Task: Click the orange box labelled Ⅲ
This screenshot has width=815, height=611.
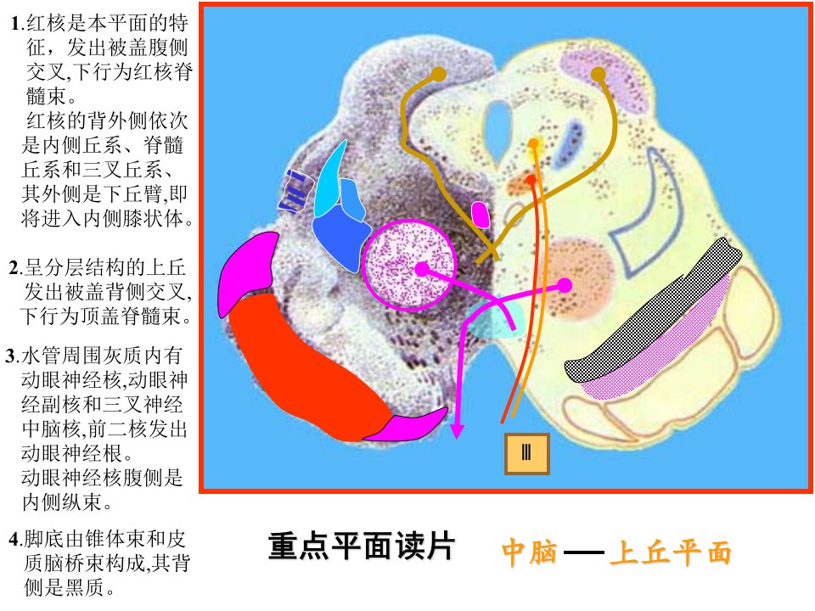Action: [x=526, y=453]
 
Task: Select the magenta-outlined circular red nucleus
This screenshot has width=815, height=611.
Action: [x=409, y=265]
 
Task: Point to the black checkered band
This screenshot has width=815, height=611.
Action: [x=652, y=311]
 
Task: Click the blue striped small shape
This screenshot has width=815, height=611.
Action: [x=295, y=192]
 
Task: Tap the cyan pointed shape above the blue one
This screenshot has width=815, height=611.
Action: [x=329, y=178]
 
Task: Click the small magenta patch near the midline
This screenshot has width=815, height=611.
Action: [x=480, y=214]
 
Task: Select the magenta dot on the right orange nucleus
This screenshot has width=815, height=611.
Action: [x=565, y=285]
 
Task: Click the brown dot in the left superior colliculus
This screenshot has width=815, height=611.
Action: [x=439, y=74]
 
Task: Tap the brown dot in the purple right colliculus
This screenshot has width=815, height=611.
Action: [x=599, y=75]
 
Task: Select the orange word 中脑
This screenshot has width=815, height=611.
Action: [x=529, y=552]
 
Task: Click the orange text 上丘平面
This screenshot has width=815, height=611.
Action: [x=671, y=552]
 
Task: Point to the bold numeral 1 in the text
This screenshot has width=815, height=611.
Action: [x=16, y=24]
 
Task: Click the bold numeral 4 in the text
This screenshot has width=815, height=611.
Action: [x=14, y=540]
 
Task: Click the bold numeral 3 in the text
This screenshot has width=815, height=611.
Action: [x=11, y=356]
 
